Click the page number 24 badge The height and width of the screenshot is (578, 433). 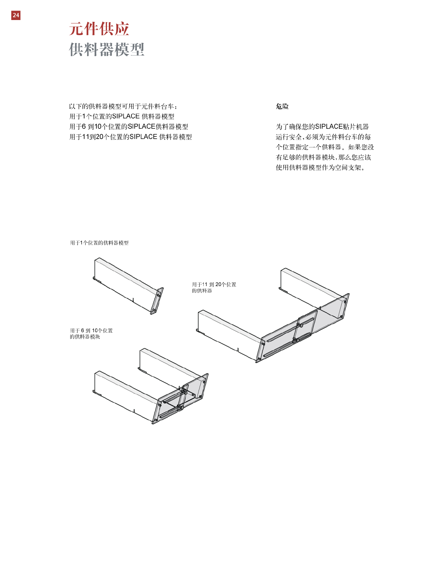[16, 15]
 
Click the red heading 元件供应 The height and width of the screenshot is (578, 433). [99, 29]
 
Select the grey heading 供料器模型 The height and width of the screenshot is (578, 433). [107, 50]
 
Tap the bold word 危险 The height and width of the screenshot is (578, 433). [282, 106]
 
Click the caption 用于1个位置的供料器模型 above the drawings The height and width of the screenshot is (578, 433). [99, 243]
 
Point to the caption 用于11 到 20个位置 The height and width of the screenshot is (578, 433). [214, 284]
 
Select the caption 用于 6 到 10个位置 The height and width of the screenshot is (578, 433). [91, 330]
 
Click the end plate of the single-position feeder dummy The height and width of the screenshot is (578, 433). [157, 301]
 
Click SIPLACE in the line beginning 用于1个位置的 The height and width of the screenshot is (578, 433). [126, 116]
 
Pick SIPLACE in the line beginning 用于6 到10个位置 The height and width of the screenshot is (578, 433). [142, 127]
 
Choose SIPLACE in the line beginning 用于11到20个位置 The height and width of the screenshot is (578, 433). [143, 137]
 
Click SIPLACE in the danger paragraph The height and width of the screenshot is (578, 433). [329, 127]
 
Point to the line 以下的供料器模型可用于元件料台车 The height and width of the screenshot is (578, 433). [123, 106]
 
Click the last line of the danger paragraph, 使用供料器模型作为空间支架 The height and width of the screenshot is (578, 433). [320, 167]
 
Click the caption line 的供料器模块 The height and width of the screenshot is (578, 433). [85, 337]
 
